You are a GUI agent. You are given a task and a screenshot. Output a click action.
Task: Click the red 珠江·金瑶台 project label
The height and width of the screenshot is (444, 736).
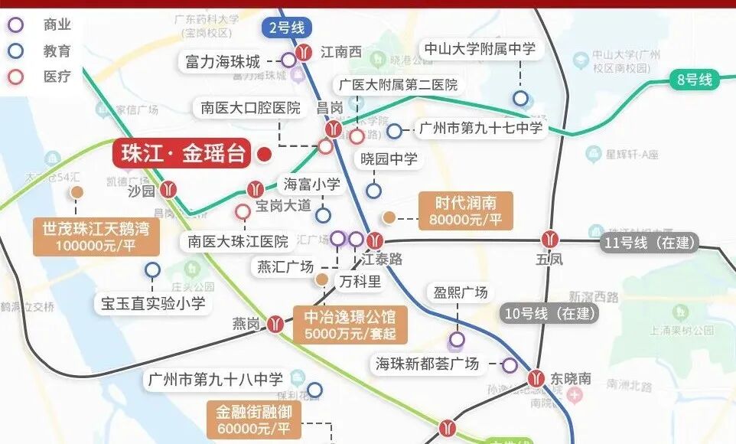(x=182, y=154)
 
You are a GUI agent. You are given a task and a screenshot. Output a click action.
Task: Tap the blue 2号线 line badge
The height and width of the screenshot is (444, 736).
(x=287, y=28)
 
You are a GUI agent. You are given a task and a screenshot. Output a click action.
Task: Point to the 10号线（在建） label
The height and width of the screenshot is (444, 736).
(x=550, y=312)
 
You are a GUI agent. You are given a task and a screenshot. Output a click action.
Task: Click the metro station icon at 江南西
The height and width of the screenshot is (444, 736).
(x=305, y=52)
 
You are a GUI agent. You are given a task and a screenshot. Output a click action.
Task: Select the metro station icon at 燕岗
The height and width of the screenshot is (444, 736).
(x=276, y=324)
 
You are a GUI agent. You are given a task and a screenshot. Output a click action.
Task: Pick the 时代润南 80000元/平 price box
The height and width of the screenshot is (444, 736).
(x=466, y=211)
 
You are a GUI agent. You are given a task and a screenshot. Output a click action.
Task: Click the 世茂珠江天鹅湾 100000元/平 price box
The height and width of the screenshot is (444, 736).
(x=96, y=237)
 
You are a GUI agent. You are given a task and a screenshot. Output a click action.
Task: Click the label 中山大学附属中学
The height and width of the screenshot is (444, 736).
(x=480, y=49)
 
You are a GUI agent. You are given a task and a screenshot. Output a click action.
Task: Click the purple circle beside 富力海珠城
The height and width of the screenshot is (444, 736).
(x=288, y=60)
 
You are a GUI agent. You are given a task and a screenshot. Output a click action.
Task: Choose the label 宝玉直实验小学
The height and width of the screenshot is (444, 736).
(x=153, y=303)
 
